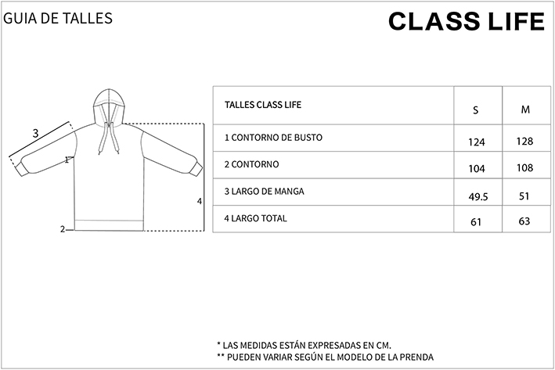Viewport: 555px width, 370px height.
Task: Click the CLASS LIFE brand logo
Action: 467,21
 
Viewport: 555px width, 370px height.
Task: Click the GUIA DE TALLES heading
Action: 58,18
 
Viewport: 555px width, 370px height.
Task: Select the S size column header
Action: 476,110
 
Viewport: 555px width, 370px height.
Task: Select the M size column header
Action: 525,110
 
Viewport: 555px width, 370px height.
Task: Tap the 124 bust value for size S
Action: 477,142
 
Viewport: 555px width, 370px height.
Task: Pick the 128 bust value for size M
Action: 524,142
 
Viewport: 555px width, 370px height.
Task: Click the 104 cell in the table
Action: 477,169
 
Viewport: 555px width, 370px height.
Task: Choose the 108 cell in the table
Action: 524,167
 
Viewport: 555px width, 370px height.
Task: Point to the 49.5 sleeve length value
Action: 478,196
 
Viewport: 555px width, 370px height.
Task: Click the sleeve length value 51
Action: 524,196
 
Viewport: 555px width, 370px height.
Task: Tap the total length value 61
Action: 476,222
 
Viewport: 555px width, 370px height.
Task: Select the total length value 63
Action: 524,221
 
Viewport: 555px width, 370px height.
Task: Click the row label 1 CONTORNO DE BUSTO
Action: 273,138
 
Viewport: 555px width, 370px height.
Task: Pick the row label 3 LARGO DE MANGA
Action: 264,192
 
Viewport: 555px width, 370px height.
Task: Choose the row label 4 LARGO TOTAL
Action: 255,218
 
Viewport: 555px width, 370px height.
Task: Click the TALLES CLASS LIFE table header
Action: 263,105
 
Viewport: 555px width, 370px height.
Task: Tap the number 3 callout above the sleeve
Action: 35,134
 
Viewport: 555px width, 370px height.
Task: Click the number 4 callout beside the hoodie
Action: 200,201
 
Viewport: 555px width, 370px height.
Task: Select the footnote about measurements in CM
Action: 304,345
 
